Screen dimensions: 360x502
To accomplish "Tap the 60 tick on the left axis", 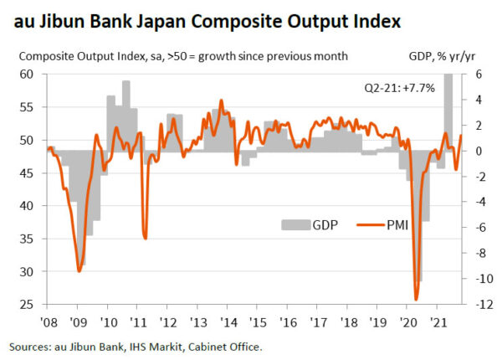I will tap(27, 74).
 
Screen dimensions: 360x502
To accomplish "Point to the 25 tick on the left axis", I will tap(27, 305).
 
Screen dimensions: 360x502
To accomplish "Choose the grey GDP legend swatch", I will tap(294, 224).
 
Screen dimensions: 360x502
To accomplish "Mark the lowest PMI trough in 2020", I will tap(416, 298).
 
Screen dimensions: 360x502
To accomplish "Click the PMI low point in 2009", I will tap(79, 270).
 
